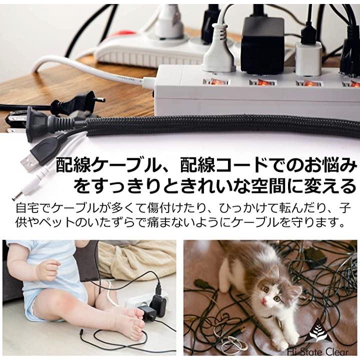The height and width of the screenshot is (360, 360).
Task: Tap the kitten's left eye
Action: pos(277,298)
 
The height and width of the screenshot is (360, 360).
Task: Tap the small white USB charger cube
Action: pos(308,58)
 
